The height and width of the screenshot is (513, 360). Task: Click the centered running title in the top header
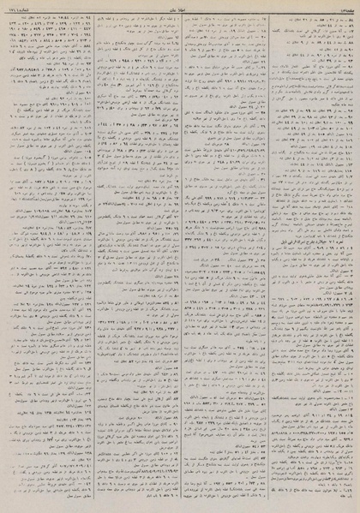(x=180, y=7)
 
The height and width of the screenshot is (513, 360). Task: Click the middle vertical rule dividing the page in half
(x=179, y=257)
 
